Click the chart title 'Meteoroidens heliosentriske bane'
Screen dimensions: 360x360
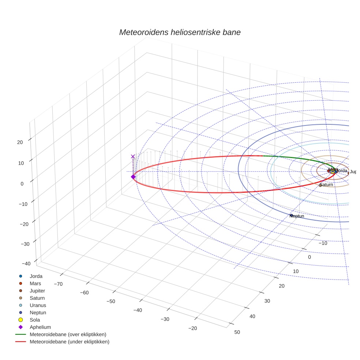(180, 32)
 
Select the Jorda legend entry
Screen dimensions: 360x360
(35, 276)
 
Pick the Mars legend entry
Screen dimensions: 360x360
(35, 283)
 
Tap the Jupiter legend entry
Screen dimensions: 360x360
(38, 290)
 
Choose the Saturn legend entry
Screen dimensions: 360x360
(37, 298)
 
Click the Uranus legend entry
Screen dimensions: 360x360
(38, 305)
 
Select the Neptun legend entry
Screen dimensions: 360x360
(38, 312)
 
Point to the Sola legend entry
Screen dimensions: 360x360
(35, 320)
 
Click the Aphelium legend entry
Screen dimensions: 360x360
(40, 327)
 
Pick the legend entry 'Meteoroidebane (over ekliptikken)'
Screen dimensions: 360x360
(68, 334)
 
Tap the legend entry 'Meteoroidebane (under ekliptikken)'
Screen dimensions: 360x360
(69, 342)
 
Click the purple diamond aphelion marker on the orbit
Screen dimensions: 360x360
(133, 177)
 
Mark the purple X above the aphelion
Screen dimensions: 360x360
(133, 156)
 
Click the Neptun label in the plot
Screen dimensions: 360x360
(297, 216)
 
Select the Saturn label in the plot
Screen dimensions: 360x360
(326, 185)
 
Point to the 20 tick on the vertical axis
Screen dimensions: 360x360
(20, 142)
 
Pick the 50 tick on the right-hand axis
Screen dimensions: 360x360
(237, 332)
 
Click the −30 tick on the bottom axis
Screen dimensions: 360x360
(165, 319)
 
